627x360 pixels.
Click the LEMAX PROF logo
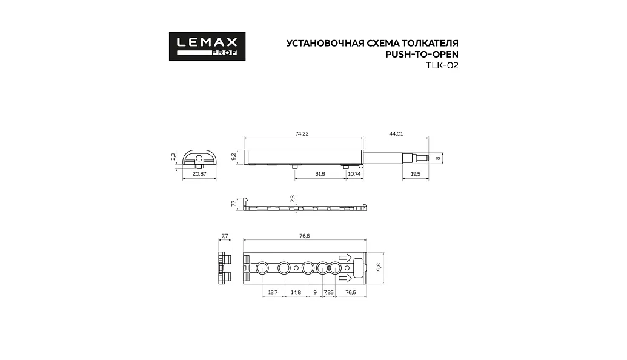click(207, 47)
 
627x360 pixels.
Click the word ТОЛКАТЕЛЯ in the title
click(430, 43)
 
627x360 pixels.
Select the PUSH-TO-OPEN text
click(422, 55)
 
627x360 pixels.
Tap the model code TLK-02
click(442, 65)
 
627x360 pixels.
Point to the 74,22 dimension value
click(302, 133)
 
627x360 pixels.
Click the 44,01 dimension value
click(396, 133)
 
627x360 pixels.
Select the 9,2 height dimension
click(233, 156)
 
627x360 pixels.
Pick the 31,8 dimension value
click(320, 173)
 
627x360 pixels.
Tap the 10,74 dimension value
click(354, 173)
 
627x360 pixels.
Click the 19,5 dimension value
click(416, 173)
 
